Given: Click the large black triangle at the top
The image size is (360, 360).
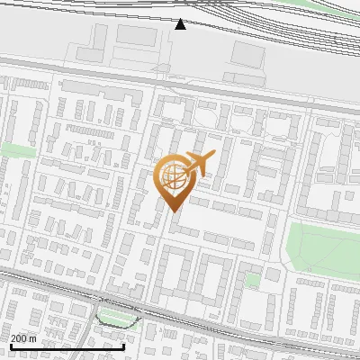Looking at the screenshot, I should (181, 24).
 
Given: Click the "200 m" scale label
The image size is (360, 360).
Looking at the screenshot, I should (24, 337).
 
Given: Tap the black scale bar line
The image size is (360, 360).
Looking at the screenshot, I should (67, 346).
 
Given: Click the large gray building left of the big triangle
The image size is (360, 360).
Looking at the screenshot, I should (135, 36).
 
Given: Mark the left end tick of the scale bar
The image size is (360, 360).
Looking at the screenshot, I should (11, 346).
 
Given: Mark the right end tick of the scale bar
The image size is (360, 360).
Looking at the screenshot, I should (123, 346).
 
